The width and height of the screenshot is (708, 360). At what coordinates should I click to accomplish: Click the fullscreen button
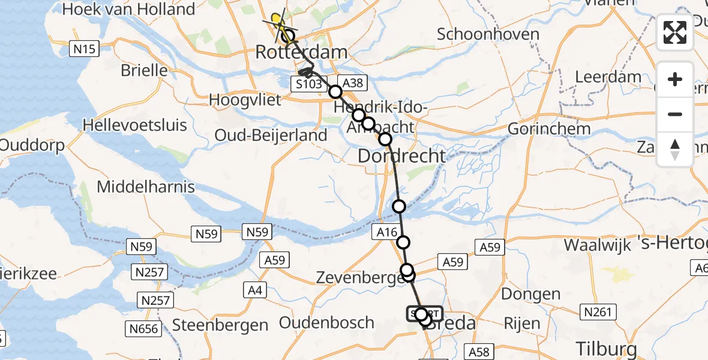click(x=675, y=32)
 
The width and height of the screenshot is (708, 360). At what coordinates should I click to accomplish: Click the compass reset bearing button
click(x=675, y=149)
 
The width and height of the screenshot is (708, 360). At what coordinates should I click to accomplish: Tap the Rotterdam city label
click(x=301, y=52)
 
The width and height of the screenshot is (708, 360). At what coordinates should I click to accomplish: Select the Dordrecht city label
click(x=402, y=156)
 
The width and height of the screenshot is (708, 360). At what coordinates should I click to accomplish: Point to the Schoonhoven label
click(x=488, y=34)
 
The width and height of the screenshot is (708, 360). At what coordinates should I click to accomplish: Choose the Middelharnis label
click(x=146, y=187)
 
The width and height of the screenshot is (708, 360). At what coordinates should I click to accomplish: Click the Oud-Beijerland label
click(x=271, y=136)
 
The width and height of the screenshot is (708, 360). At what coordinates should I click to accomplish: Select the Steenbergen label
click(x=220, y=326)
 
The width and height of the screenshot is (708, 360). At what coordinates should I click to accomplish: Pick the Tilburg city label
click(x=605, y=347)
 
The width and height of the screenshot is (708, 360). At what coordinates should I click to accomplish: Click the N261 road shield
click(x=598, y=311)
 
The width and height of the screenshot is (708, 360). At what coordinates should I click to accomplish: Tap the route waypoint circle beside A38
click(x=335, y=92)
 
